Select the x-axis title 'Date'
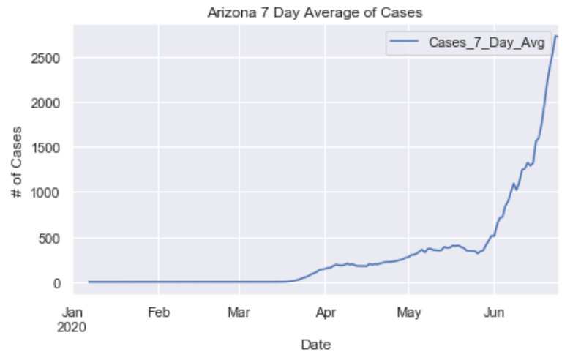[x=317, y=344]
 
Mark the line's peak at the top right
[x=556, y=36]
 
